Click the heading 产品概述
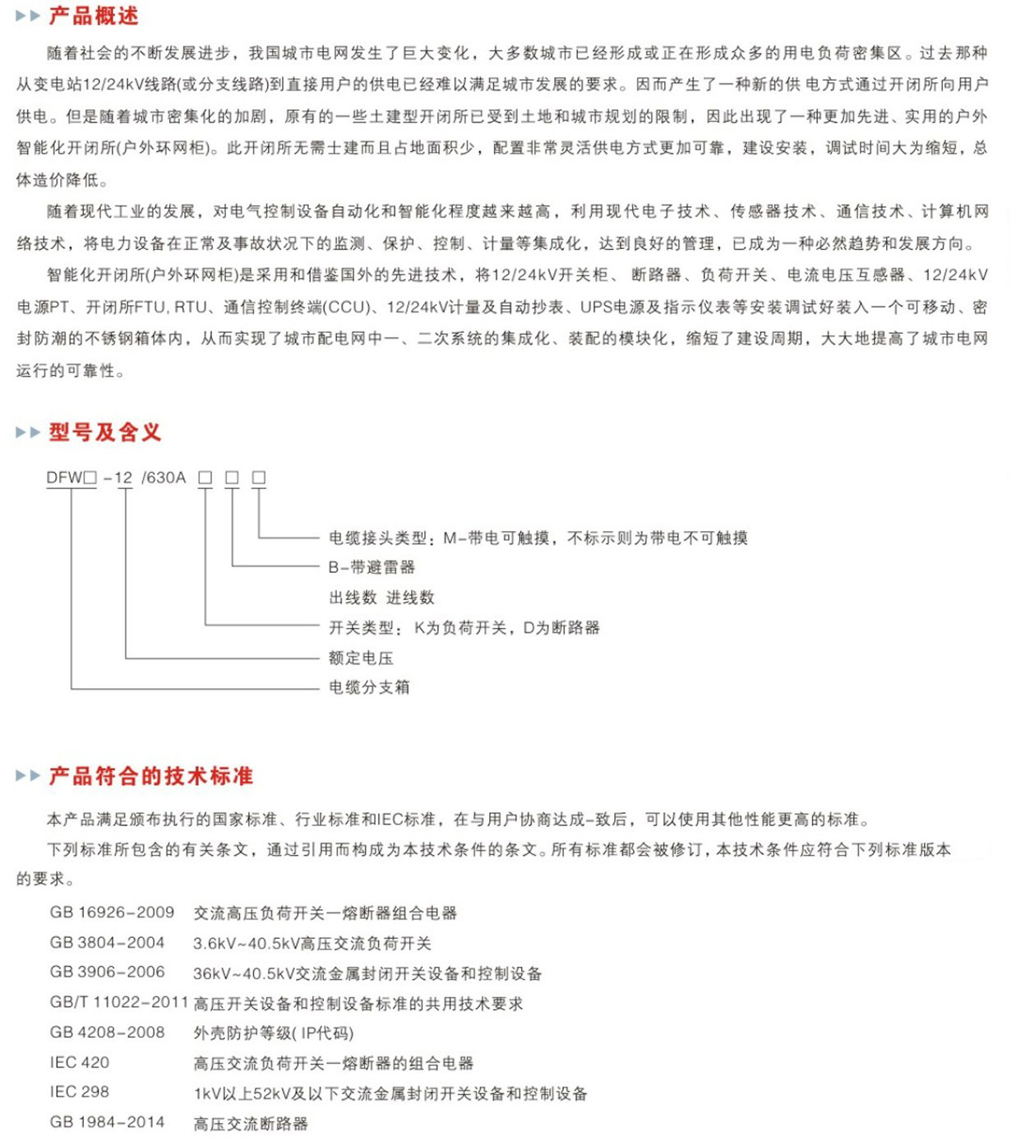93,16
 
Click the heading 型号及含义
104,432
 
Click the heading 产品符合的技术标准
150,776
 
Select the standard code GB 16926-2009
112,912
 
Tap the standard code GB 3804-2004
107,943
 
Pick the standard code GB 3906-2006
107,972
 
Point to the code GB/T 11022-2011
119,1003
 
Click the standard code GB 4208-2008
107,1032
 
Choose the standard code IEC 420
80,1063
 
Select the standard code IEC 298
80,1092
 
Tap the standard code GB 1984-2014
107,1123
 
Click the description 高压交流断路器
251,1124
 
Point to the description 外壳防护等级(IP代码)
274,1033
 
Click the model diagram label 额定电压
361,658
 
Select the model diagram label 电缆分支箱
369,687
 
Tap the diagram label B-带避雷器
372,567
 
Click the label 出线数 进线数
381,598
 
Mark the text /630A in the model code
164,478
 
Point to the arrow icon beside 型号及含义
28,432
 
